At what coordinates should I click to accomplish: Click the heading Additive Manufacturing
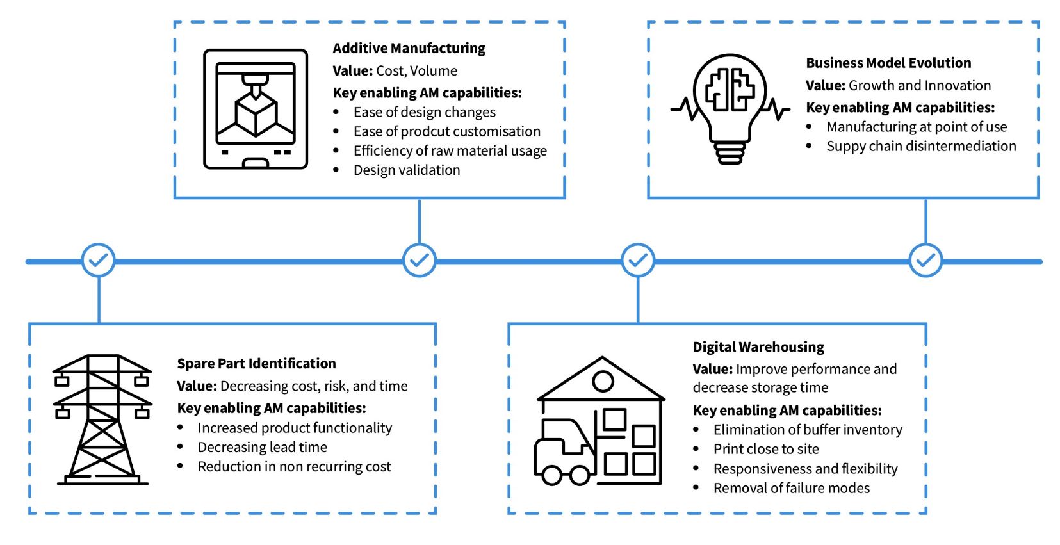409,48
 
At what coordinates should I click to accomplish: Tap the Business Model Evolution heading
888,63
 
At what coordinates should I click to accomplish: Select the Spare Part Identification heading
256,363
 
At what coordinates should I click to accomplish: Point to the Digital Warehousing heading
758,346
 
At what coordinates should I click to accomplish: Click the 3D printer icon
256,109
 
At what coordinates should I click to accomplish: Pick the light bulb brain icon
730,108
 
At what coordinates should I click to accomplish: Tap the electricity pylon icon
102,419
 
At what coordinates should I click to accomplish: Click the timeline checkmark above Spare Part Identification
99,261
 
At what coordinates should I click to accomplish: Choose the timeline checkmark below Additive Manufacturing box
420,261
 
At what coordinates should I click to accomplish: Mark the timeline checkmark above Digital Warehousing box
638,261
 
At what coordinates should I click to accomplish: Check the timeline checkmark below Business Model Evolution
925,261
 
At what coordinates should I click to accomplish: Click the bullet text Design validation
407,170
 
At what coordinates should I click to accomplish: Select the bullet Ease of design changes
424,112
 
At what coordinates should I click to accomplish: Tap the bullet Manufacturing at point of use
917,127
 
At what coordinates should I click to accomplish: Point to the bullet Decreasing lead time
262,447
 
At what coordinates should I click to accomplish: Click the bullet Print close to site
766,449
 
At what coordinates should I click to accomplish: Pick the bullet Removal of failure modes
792,488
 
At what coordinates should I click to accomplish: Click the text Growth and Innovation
920,85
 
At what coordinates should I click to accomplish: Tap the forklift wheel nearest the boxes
580,475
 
